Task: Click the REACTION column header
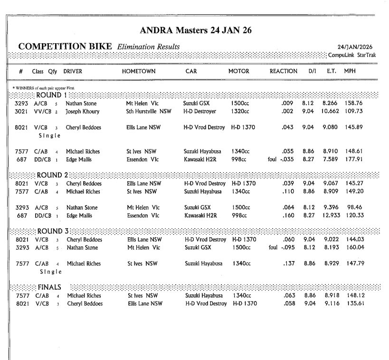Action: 284,71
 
